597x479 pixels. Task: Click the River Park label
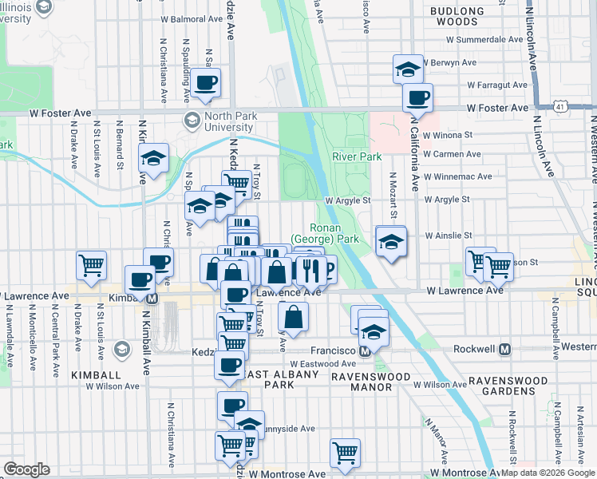[x=357, y=157]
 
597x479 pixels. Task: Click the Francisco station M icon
[x=365, y=350]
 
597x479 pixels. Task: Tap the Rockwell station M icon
[x=504, y=349]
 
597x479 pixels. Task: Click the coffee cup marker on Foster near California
[x=417, y=98]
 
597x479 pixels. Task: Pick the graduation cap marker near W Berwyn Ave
[x=408, y=69]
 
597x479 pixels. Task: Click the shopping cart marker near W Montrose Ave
[x=345, y=453]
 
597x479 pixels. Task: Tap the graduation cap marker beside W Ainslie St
[x=391, y=241]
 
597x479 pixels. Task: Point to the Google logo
[x=26, y=469]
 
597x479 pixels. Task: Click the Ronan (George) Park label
[x=322, y=233]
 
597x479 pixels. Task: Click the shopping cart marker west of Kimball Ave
[x=92, y=266]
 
